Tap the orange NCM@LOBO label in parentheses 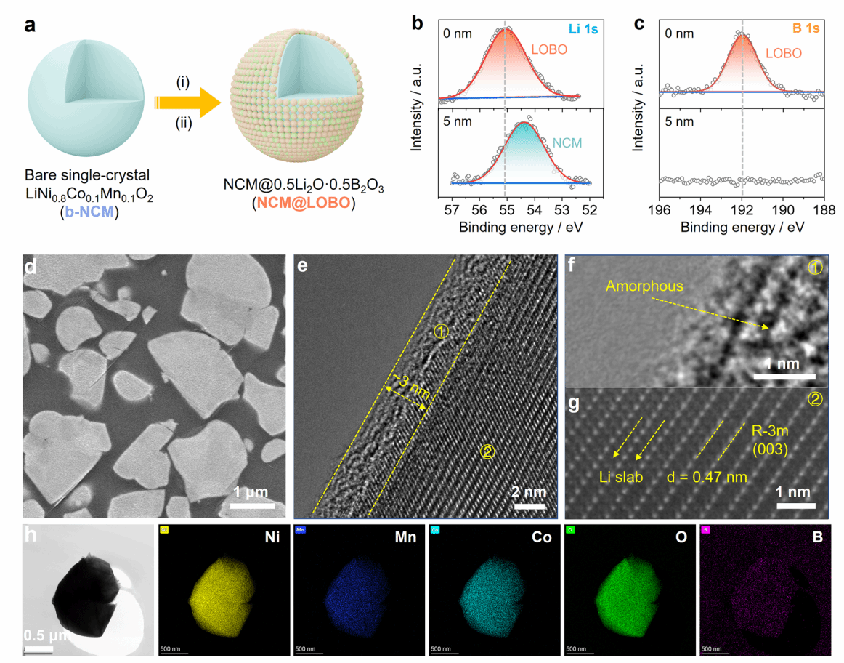(x=303, y=204)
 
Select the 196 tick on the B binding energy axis (x=659, y=209)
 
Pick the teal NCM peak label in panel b (x=567, y=142)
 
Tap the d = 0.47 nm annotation (x=706, y=478)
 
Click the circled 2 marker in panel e (x=487, y=452)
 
